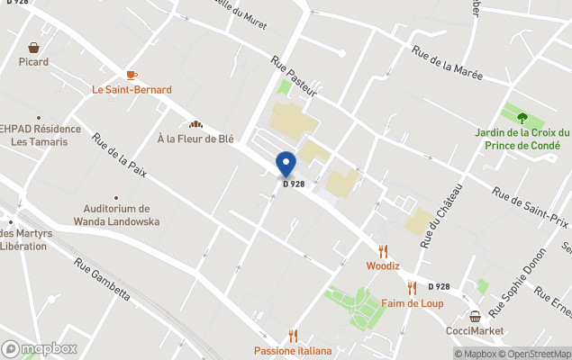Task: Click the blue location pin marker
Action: pyautogui.click(x=286, y=163)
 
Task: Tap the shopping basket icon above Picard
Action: pyautogui.click(x=34, y=48)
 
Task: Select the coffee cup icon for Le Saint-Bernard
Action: pyautogui.click(x=132, y=76)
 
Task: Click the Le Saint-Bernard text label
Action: pyautogui.click(x=132, y=90)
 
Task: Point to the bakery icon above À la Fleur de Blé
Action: pyautogui.click(x=195, y=124)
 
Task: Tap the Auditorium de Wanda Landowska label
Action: pyautogui.click(x=116, y=215)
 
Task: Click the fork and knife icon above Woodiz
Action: pyautogui.click(x=383, y=251)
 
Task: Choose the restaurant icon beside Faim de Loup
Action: pyautogui.click(x=412, y=288)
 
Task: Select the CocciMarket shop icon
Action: pyautogui.click(x=475, y=316)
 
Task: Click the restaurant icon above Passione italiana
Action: pyautogui.click(x=292, y=337)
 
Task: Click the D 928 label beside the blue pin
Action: pyautogui.click(x=293, y=184)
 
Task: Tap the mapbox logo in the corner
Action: pyautogui.click(x=40, y=348)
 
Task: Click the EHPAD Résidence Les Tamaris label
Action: pyautogui.click(x=40, y=136)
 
